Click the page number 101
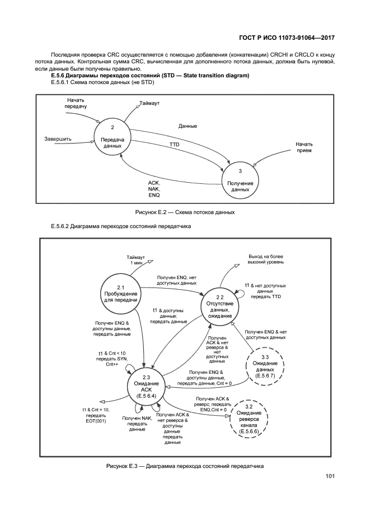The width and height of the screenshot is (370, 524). pyautogui.click(x=330, y=476)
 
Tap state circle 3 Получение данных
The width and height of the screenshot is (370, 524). pyautogui.click(x=240, y=180)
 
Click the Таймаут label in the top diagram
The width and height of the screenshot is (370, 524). pyautogui.click(x=149, y=104)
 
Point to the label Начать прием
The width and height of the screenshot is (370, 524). pyautogui.click(x=304, y=147)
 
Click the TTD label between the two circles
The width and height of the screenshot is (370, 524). pyautogui.click(x=175, y=145)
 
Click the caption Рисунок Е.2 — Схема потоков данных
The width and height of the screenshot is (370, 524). pyautogui.click(x=185, y=212)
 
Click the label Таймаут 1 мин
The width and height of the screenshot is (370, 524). pyautogui.click(x=136, y=259)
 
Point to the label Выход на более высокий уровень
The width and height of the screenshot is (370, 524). pyautogui.click(x=266, y=258)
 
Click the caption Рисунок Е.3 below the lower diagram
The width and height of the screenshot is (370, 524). pyautogui.click(x=185, y=466)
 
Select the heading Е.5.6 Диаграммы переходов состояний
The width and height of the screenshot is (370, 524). pyautogui.click(x=150, y=75)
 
